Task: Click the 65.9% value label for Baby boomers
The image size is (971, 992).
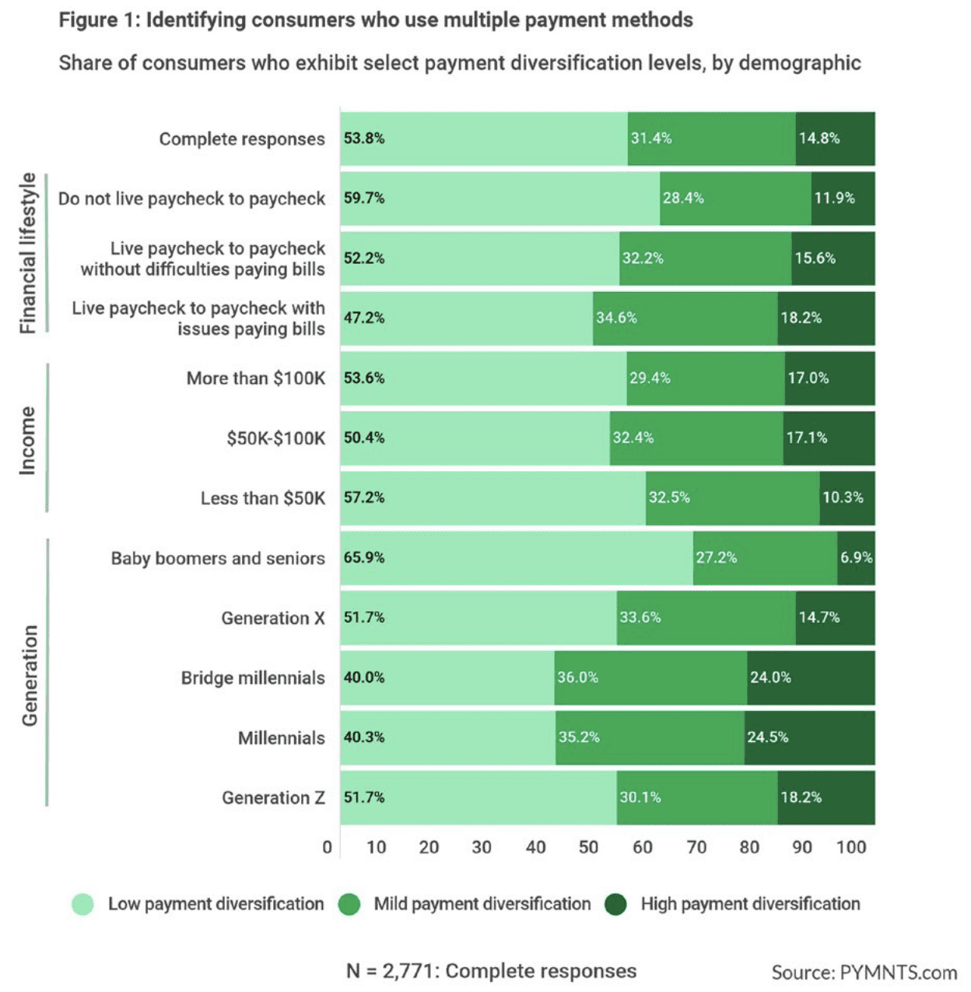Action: [x=364, y=558]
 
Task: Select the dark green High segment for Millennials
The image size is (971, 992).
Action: [x=809, y=737]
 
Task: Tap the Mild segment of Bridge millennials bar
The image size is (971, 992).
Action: [x=650, y=677]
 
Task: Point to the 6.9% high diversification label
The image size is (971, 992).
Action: [x=856, y=558]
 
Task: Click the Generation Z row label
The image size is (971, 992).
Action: [x=273, y=797]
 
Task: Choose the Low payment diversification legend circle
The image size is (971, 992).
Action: [x=82, y=904]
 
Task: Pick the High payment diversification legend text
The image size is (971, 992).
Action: [x=750, y=904]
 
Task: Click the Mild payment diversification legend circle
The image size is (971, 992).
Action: [x=349, y=904]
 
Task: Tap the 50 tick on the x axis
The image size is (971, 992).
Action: [x=588, y=847]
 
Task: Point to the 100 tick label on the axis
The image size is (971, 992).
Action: [x=851, y=847]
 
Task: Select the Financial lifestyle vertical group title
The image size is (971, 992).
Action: [x=28, y=253]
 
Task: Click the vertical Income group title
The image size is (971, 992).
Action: [x=28, y=440]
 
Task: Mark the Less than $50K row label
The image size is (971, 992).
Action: [x=262, y=498]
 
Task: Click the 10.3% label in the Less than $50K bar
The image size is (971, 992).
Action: [x=843, y=498]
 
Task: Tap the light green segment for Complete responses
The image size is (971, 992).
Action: [x=483, y=139]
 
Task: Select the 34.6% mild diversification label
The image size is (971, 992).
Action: [x=616, y=318]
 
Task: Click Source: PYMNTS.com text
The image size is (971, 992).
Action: [x=864, y=973]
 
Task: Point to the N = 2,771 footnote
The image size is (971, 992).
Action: [x=491, y=971]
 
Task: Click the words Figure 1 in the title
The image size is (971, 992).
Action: [x=99, y=19]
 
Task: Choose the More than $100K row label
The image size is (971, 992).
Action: [x=255, y=378]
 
